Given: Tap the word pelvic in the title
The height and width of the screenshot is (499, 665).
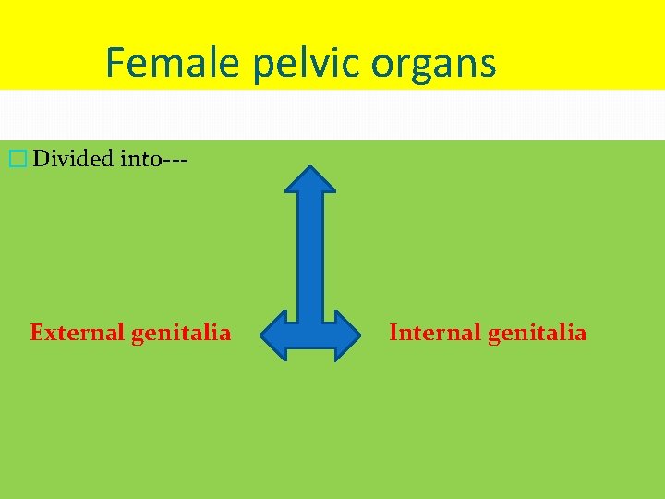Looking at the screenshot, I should click(x=294, y=65).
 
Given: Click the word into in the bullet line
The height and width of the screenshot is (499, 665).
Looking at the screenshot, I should click(x=139, y=159).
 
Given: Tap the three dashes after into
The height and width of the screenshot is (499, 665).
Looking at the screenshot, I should click(x=176, y=160).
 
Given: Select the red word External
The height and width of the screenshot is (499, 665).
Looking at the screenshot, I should click(x=78, y=332).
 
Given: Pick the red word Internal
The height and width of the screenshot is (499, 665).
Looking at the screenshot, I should click(x=432, y=332).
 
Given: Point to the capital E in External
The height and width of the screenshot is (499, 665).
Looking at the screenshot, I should click(x=37, y=332).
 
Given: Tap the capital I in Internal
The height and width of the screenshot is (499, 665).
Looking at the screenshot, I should click(x=394, y=332).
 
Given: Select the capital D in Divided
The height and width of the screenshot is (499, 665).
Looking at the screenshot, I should click(x=41, y=159).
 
